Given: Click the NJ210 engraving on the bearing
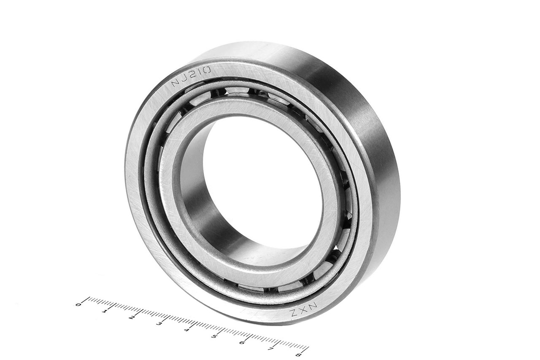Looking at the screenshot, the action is (x=191, y=76).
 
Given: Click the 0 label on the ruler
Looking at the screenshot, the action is (x=78, y=305).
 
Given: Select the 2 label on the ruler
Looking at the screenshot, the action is (x=131, y=317).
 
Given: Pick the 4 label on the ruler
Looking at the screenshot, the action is (x=186, y=329).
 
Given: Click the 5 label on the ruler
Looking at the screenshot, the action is (x=213, y=336).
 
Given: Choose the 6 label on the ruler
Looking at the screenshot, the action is (x=242, y=342).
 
